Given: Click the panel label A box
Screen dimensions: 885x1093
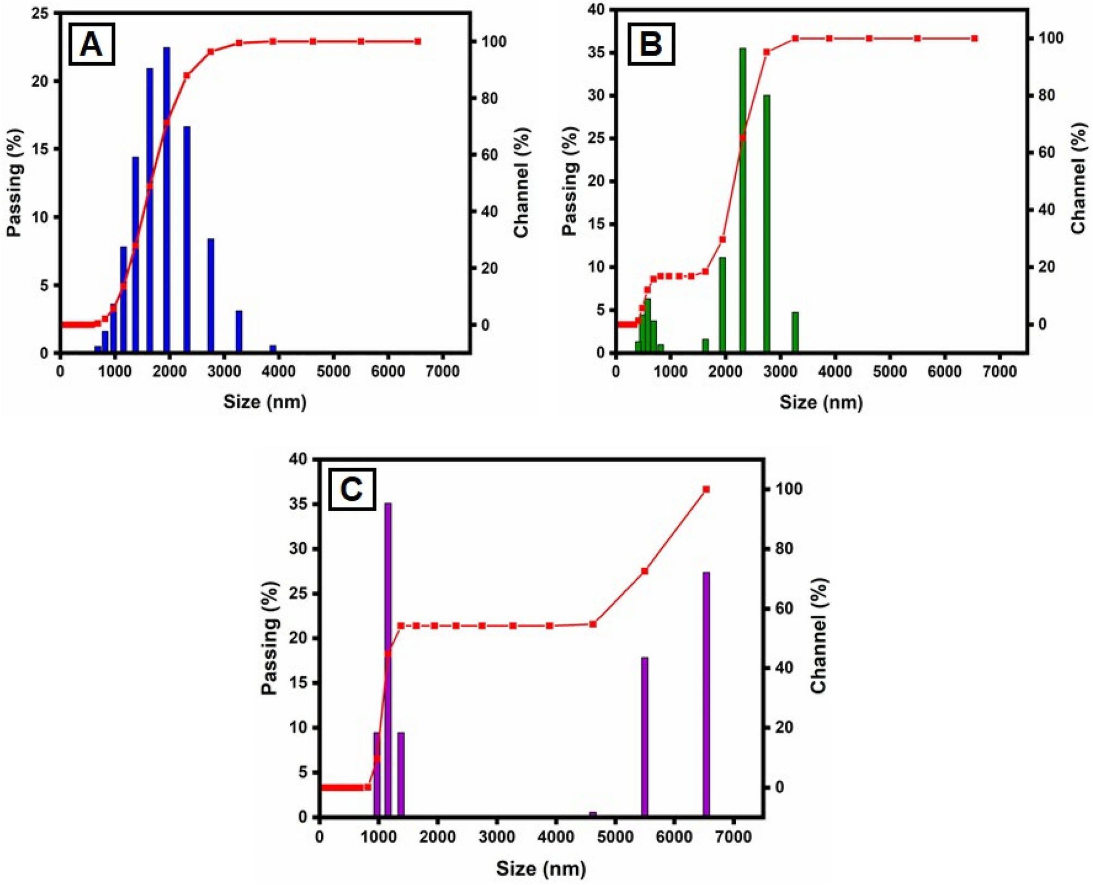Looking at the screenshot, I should (x=91, y=44).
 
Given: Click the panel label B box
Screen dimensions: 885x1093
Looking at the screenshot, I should (x=651, y=44).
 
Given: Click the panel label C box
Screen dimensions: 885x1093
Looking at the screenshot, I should (x=352, y=489).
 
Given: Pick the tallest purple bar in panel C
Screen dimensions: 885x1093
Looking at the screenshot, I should (x=388, y=659).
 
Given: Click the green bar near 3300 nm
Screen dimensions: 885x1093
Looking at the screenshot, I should (x=795, y=332).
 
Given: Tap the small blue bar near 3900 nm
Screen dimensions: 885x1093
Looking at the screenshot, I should (x=273, y=349).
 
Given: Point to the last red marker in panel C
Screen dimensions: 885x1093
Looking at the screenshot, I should (x=706, y=489).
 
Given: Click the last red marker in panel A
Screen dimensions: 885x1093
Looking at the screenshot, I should (x=418, y=41).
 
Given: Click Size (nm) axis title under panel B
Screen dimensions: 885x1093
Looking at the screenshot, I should (x=821, y=402).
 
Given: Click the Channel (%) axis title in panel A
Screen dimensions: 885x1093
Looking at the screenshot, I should (x=521, y=183).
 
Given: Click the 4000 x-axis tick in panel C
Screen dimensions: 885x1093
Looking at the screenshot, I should (x=555, y=836).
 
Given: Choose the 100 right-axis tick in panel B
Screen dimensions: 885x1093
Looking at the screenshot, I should (x=1051, y=38).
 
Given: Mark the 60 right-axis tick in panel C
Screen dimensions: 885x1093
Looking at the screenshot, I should (x=784, y=608).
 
